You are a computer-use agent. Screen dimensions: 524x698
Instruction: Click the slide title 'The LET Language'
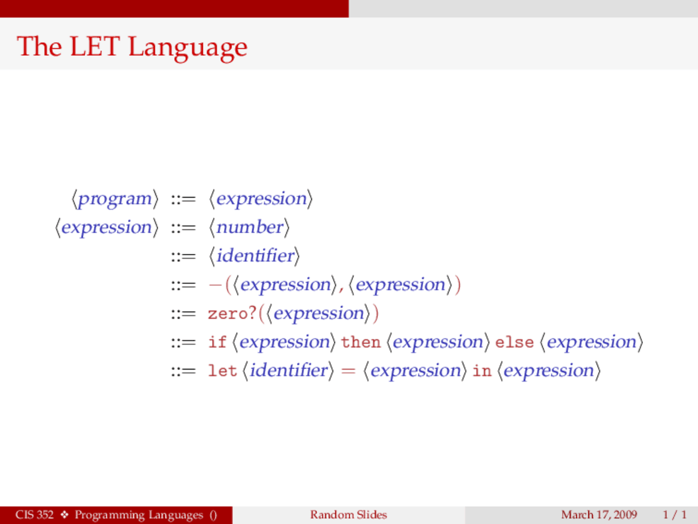coord(132,46)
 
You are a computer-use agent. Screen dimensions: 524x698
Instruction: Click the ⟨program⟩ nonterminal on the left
coord(115,199)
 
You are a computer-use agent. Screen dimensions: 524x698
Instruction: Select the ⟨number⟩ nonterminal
coord(249,227)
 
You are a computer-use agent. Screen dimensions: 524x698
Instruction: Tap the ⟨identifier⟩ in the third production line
coord(254,255)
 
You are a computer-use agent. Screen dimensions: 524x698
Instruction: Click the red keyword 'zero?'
coord(232,313)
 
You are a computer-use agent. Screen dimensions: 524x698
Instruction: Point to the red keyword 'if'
coord(216,342)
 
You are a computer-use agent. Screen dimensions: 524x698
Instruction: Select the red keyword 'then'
coord(360,342)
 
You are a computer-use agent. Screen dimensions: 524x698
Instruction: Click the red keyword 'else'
coord(514,342)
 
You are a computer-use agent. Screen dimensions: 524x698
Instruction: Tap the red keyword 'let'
coord(222,371)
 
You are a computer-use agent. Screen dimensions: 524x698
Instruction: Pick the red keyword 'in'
coord(482,371)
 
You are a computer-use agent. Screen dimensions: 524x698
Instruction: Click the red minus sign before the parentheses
coord(214,285)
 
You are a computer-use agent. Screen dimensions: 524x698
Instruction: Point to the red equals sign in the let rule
coord(348,371)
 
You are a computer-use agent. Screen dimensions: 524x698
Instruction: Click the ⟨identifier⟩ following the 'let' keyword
coord(288,371)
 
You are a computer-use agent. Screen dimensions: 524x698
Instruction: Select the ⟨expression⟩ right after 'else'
coord(592,342)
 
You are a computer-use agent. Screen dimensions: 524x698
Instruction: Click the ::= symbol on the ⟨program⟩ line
coord(183,199)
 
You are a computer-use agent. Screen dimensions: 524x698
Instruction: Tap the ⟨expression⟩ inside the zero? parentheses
coord(318,313)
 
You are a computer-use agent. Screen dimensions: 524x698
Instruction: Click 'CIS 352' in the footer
coord(34,515)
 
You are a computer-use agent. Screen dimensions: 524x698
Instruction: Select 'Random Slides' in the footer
coord(348,515)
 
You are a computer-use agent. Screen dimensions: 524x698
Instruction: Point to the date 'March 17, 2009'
coord(599,515)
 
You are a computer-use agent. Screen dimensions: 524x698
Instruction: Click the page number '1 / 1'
coord(675,515)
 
